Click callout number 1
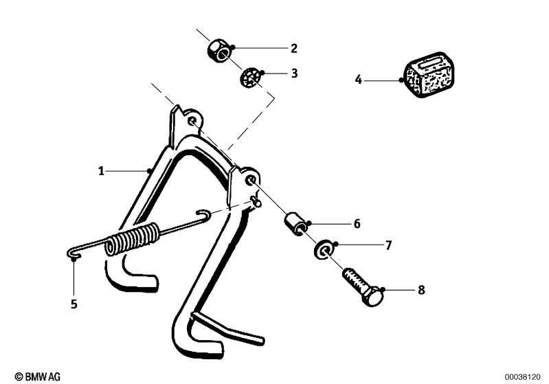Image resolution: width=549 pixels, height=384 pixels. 101,170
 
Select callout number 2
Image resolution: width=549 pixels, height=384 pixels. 293,48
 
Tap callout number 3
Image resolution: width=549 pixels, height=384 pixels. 293,73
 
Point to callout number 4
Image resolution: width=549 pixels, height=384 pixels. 358,80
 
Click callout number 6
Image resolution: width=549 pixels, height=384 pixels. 357,224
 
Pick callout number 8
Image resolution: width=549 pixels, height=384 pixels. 421,290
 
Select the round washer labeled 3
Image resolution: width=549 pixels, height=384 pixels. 250,78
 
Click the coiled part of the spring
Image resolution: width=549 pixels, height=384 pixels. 134,240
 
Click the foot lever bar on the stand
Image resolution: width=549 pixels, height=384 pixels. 230,328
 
